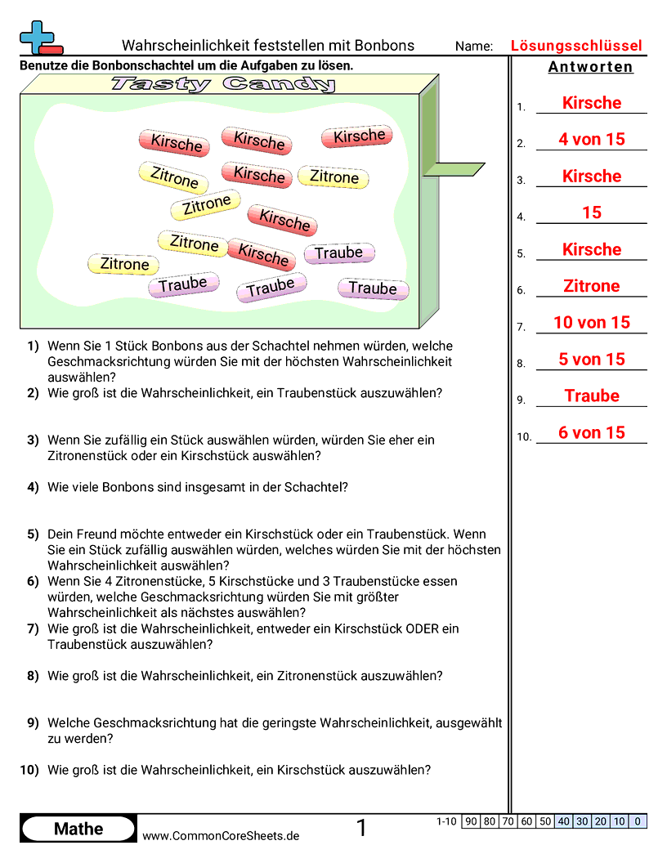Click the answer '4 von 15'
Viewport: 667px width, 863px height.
coord(591,140)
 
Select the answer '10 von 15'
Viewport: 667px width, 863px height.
coord(591,323)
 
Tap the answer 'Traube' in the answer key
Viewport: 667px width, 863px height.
coord(591,396)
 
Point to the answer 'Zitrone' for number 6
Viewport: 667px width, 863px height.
coord(591,286)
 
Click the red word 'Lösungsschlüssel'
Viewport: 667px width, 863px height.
coord(576,46)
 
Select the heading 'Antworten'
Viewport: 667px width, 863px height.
coord(590,67)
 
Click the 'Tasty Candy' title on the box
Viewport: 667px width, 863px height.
coord(223,83)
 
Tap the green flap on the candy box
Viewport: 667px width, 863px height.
coord(453,169)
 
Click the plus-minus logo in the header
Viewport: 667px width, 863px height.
coord(39,38)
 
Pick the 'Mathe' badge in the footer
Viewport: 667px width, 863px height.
coord(78,829)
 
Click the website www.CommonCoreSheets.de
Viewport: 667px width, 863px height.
coord(221,835)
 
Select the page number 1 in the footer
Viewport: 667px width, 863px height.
coord(362,829)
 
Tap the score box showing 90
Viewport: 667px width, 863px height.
coord(471,821)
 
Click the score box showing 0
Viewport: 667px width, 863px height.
coord(638,821)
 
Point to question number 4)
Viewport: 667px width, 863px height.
coord(33,487)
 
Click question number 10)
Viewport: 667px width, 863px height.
coord(29,769)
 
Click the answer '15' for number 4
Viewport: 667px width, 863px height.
coord(591,213)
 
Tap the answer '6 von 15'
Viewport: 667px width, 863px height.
coord(591,433)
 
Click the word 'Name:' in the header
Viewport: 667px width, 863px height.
coord(474,47)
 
